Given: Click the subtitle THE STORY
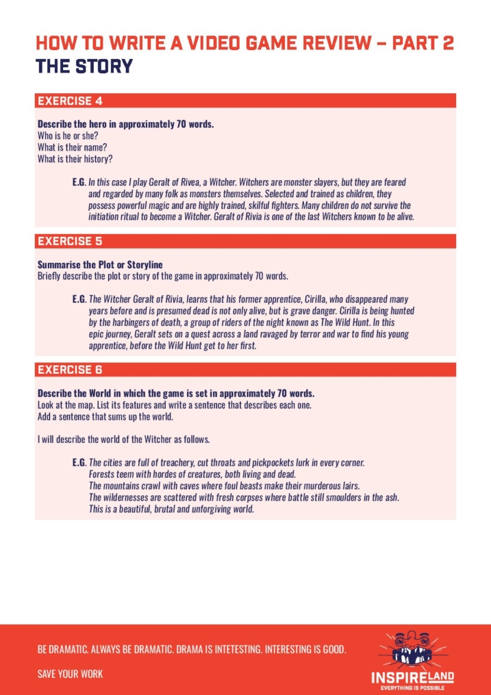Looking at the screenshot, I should point(84,66).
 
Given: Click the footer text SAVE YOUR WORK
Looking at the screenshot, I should point(70,674).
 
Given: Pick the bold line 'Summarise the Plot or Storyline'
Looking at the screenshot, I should point(100,264).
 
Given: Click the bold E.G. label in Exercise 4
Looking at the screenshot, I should point(78,183).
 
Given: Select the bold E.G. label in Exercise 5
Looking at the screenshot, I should point(78,299).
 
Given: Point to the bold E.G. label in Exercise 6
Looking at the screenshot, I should point(78,463).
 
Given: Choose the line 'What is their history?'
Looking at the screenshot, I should point(75,159).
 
